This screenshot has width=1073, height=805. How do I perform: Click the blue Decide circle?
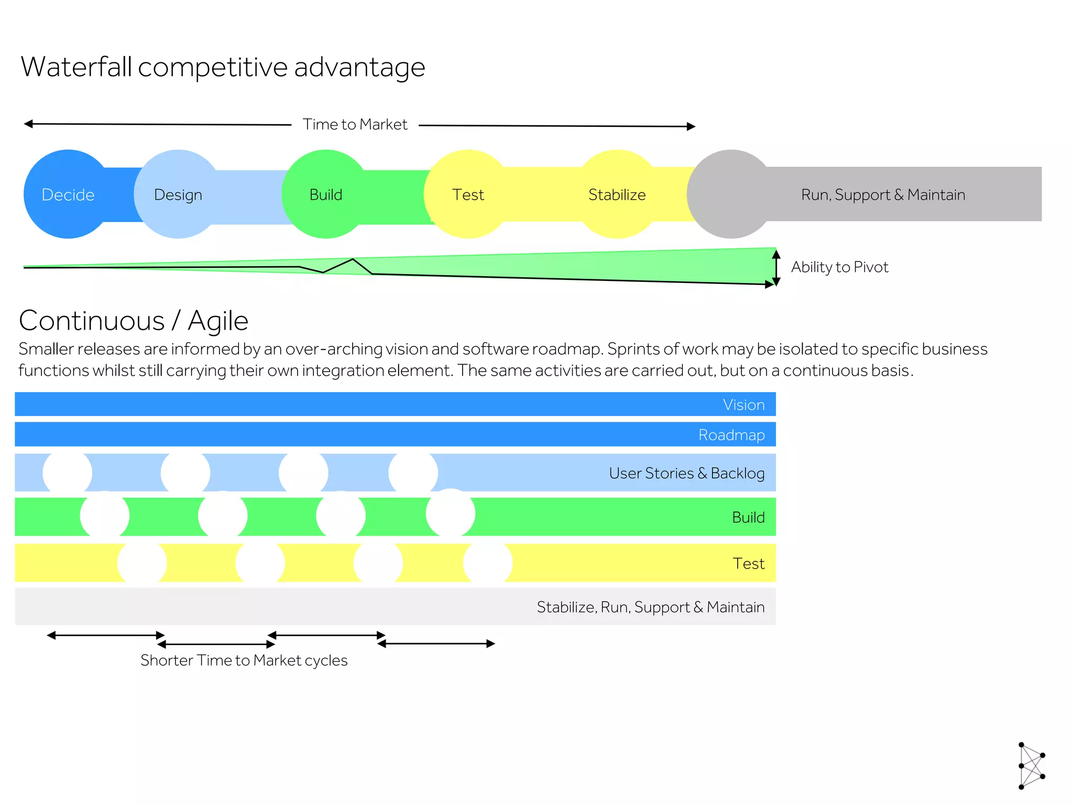[68, 194]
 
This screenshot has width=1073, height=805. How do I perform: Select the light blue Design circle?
[178, 194]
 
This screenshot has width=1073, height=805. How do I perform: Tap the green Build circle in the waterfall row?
[325, 194]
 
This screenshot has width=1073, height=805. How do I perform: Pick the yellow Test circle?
[468, 194]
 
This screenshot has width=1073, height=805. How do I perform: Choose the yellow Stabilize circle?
[617, 194]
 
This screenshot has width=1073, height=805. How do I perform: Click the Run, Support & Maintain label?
[883, 194]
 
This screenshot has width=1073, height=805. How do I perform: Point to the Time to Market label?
[355, 124]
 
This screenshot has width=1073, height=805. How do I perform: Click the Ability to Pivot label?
[839, 267]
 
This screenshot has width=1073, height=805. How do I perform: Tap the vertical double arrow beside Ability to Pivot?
[776, 268]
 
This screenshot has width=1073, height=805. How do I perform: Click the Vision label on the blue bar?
[743, 405]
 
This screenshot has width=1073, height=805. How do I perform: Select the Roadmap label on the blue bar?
[731, 435]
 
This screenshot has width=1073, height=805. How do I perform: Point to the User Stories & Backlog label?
[686, 473]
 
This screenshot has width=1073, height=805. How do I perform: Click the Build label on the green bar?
[748, 517]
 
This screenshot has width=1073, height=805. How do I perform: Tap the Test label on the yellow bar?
[749, 563]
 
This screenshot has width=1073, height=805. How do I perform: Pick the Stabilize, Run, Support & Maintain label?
[650, 607]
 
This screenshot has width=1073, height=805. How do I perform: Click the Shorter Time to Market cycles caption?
[244, 660]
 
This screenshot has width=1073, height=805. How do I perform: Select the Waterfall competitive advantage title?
[223, 67]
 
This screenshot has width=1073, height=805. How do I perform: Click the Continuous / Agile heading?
[134, 320]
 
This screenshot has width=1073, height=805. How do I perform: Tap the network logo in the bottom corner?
[1031, 765]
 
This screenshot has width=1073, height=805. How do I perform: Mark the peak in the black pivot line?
[353, 259]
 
